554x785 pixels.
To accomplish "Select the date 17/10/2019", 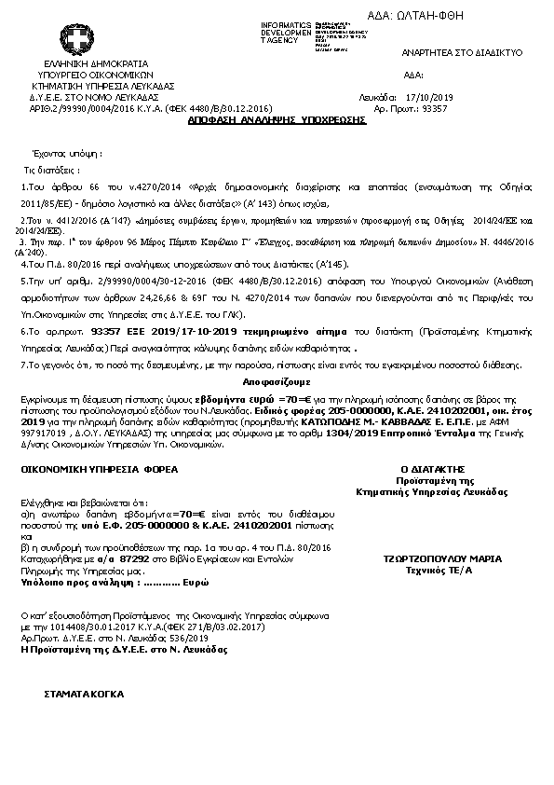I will pyautogui.click(x=429, y=97).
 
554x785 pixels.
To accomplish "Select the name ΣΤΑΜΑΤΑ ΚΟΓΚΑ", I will pyautogui.click(x=84, y=695).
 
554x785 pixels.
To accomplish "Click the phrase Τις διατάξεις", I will pyautogui.click(x=52, y=172).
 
